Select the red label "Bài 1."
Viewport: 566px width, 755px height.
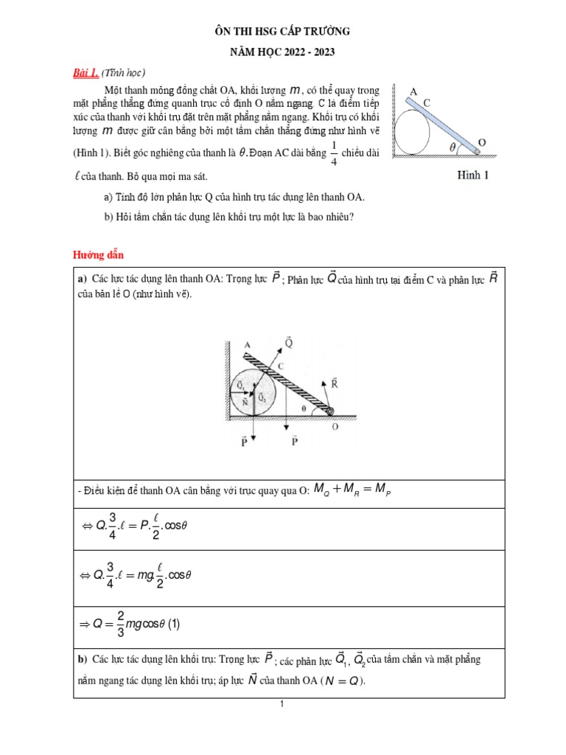click(85, 72)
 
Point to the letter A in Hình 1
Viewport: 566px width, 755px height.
click(413, 91)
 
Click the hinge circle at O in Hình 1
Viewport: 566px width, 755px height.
click(478, 153)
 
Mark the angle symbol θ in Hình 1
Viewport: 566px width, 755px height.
click(453, 146)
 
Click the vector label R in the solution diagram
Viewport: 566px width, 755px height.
click(333, 383)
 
